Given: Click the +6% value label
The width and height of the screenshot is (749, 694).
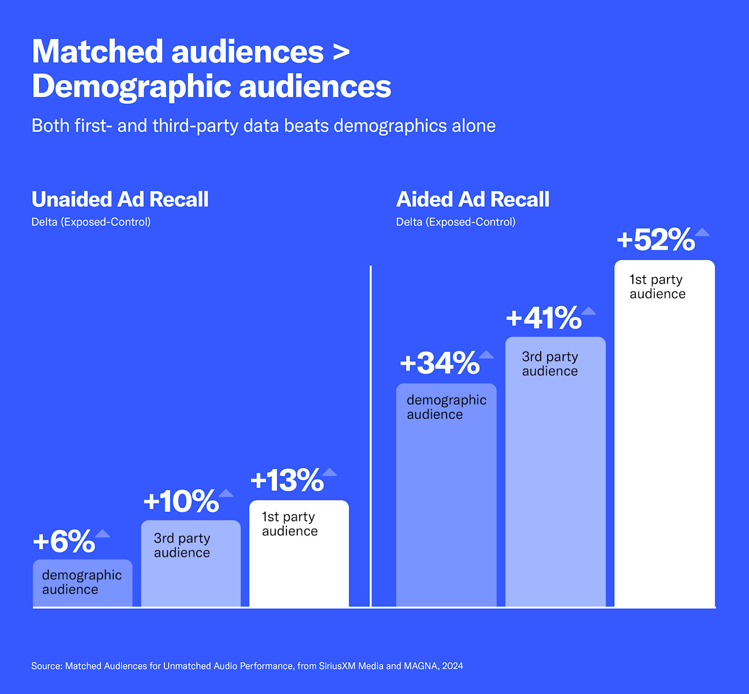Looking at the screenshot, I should [64, 541].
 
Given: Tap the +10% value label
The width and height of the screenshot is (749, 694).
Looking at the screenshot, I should [181, 501].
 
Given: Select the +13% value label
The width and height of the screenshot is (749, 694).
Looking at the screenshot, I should [287, 480].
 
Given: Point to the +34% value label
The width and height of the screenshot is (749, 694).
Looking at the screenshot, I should [440, 363].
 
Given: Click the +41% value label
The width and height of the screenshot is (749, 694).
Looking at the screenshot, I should [543, 318].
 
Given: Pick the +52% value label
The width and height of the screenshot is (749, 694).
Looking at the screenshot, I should [655, 240].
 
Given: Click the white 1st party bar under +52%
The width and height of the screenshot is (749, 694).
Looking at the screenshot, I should [664, 445].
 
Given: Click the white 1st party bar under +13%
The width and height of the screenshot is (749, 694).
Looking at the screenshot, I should [299, 571].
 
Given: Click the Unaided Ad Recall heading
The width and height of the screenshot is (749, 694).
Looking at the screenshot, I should [120, 199].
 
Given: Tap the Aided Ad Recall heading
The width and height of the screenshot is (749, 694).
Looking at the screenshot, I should [472, 199].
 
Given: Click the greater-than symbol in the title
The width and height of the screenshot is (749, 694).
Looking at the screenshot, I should [341, 52].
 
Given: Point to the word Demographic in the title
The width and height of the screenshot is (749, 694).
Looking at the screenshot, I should [132, 87].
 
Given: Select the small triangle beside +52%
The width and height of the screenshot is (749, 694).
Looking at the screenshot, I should [702, 232].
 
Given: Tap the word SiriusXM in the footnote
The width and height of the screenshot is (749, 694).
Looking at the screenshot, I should [338, 666].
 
